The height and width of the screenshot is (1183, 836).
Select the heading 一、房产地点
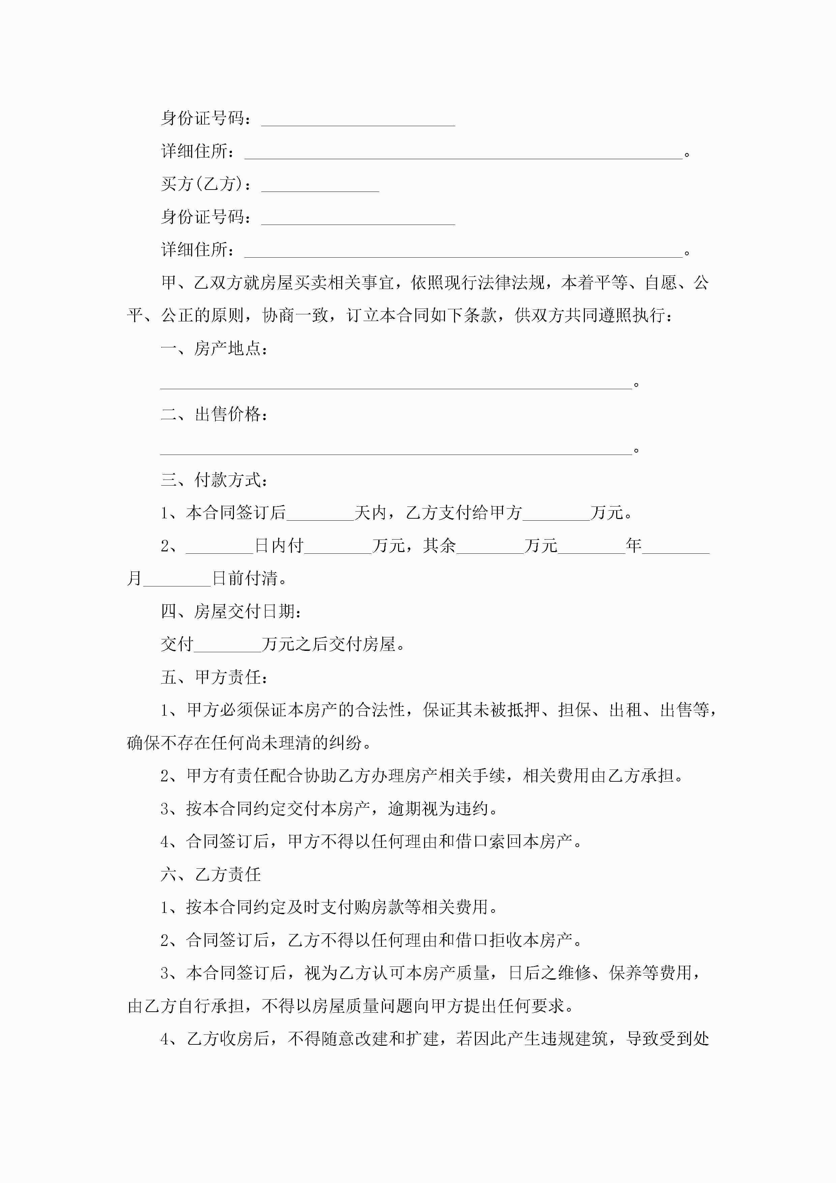tap(214, 349)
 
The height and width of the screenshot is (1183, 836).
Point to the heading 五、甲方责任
tap(214, 677)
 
